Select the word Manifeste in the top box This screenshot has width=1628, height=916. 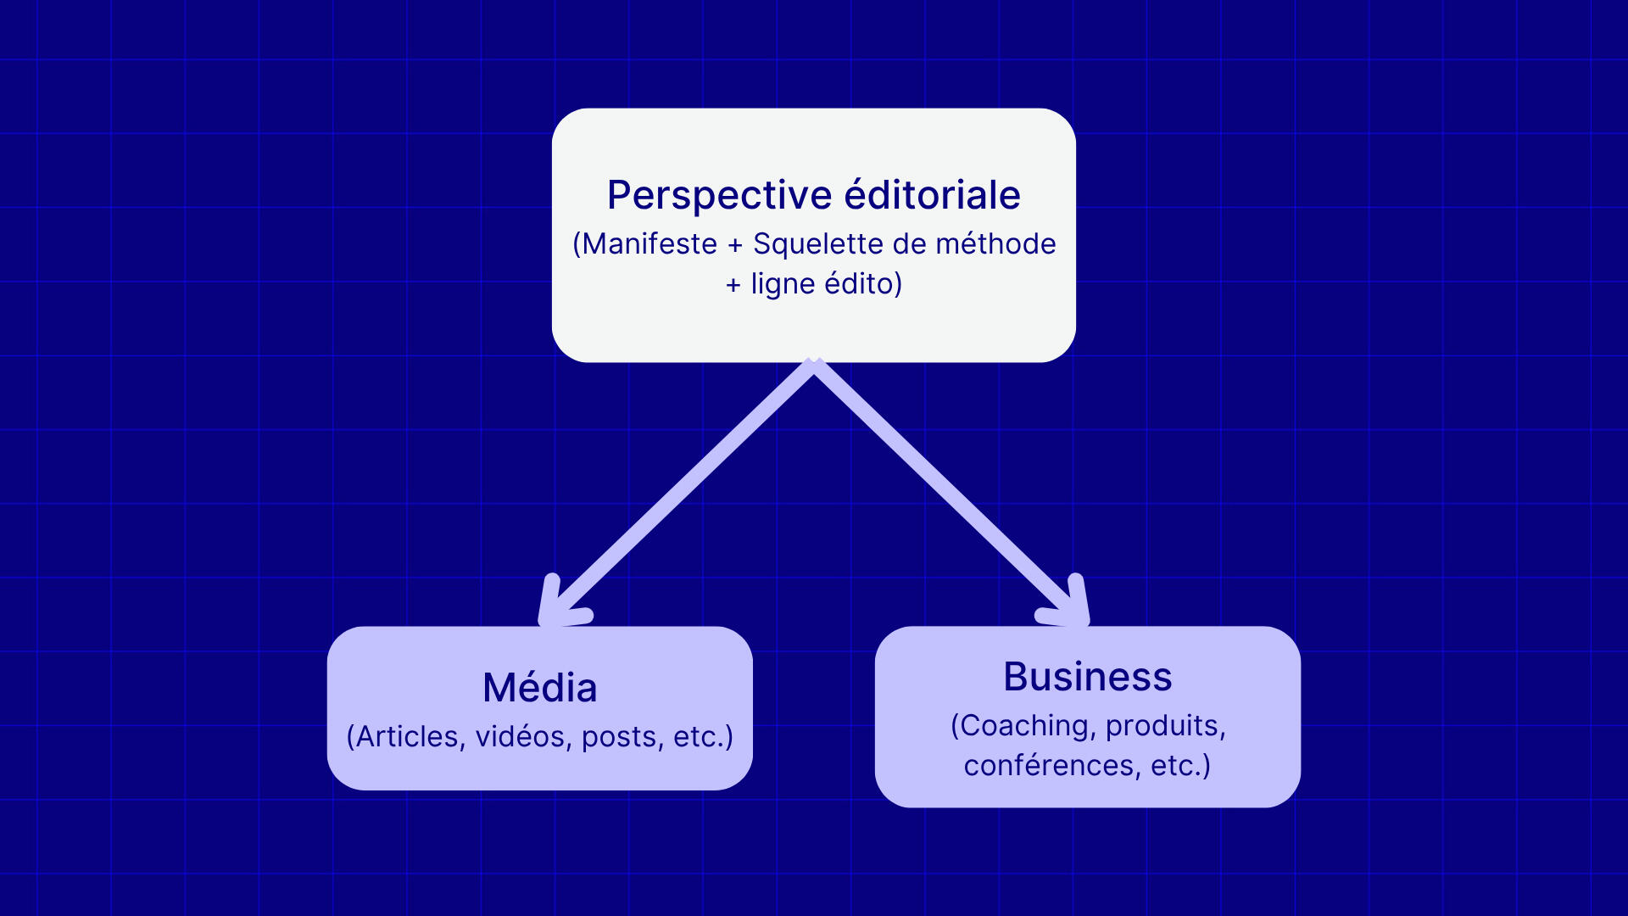tap(650, 244)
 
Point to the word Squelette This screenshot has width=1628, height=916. tap(818, 244)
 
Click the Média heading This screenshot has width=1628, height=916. tap(539, 688)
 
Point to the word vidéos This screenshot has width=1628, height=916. tap(521, 736)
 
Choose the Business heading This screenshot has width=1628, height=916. tap(1087, 677)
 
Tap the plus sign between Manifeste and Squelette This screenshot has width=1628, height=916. tap(735, 245)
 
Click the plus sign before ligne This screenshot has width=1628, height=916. tap(733, 285)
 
